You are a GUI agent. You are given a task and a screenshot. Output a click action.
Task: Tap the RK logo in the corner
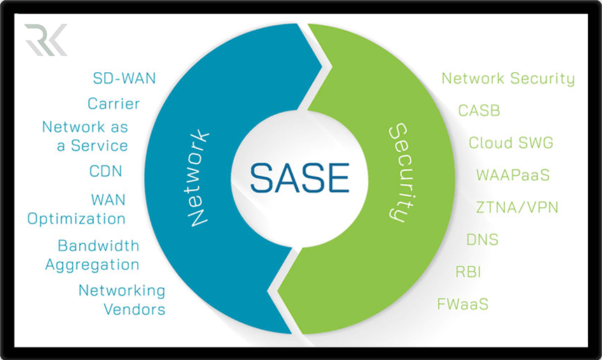coord(45,40)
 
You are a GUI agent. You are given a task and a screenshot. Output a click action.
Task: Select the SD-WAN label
coord(125,78)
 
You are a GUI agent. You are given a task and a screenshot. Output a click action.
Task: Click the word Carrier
coord(113,104)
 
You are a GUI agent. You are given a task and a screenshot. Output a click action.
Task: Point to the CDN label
coord(106,171)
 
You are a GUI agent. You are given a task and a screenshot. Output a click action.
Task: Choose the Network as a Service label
coord(85,137)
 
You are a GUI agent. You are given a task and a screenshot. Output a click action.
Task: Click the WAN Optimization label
coord(77,209)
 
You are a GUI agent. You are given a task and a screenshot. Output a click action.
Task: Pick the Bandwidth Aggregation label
coord(92,255)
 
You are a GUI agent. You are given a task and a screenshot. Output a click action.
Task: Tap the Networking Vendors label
coord(122,299)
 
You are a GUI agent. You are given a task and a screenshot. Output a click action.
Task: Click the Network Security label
coord(507,78)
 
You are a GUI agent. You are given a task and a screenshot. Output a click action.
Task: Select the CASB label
coord(479,111)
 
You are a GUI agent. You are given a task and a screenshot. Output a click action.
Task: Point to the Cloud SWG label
coord(511,143)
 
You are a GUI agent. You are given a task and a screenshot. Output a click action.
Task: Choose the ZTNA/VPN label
coord(517,207)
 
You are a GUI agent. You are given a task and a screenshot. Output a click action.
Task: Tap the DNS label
coord(482,240)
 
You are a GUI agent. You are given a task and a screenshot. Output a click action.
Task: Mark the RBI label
coord(468,272)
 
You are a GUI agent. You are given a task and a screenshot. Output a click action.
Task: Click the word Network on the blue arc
coord(200,176)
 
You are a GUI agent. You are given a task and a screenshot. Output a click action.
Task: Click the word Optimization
coord(77,219)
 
